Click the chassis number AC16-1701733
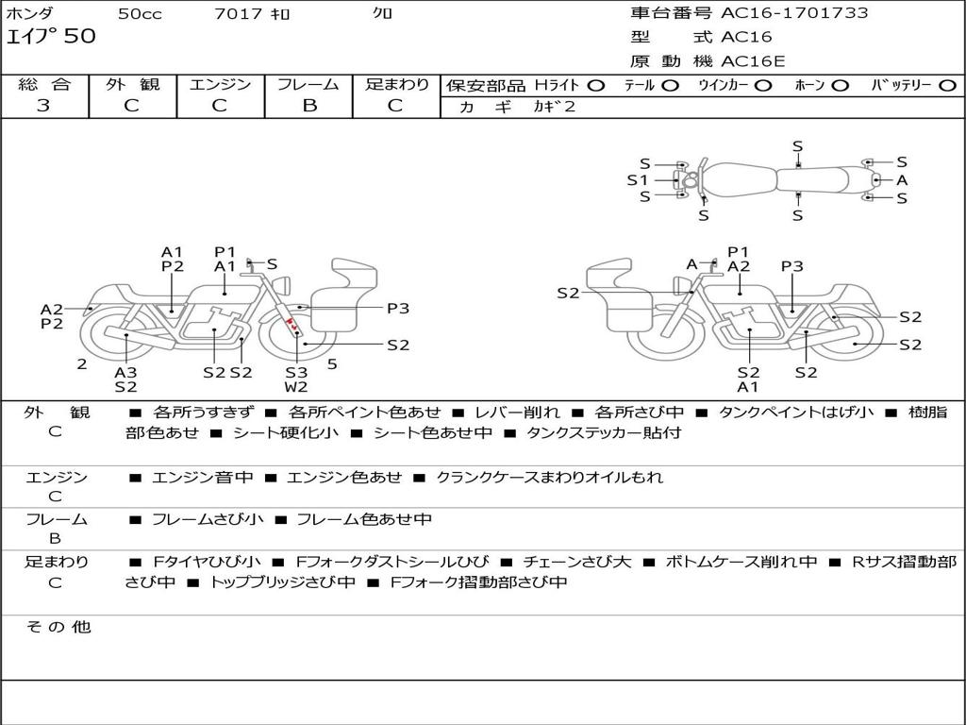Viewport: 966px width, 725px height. pos(794,13)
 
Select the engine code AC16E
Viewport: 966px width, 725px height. pos(753,61)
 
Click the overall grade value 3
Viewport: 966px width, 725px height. pos(43,106)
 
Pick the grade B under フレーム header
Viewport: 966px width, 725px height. pos(308,106)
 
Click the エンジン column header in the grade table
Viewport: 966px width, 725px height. pos(220,84)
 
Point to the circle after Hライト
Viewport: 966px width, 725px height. pos(596,85)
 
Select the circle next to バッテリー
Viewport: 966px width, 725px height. pos(947,85)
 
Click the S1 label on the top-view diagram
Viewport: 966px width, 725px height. pos(638,179)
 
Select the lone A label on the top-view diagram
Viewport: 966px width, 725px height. pos(902,179)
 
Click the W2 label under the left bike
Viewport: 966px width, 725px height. pos(296,386)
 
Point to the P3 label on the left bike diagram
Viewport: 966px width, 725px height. pos(398,308)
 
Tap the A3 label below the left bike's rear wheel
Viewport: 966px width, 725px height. pos(125,372)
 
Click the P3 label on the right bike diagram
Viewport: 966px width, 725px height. pos(792,266)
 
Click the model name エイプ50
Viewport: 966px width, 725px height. pos(51,37)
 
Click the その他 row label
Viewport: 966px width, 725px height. pos(58,627)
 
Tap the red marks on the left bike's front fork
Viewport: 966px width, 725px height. pos(294,326)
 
